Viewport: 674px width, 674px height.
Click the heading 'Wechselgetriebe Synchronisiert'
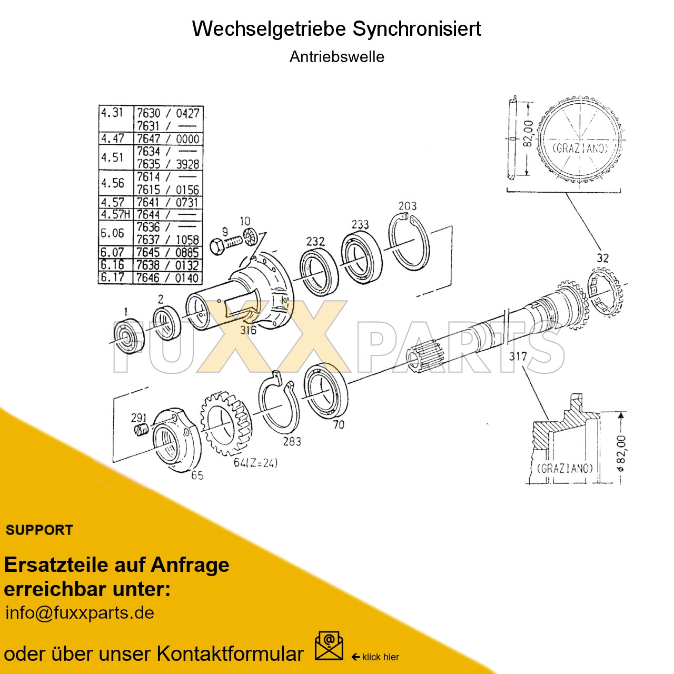coord(336,28)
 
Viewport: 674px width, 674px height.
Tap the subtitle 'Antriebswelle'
coord(336,57)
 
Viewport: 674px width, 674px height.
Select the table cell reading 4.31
coord(112,113)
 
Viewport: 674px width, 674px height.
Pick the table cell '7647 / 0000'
coord(168,138)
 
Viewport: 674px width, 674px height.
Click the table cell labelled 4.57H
coord(115,214)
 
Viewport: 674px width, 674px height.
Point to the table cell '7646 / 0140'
coord(168,277)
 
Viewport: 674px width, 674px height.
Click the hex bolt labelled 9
coord(226,243)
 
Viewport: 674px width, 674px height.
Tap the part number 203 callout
coord(407,206)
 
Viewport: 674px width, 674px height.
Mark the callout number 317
coord(518,356)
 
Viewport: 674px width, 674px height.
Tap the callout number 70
coord(339,424)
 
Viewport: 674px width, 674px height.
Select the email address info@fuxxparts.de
coord(80,613)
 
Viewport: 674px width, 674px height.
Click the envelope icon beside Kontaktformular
coord(329,647)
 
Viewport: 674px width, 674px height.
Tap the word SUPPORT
coord(39,530)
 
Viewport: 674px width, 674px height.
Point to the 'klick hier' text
coord(380,657)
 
